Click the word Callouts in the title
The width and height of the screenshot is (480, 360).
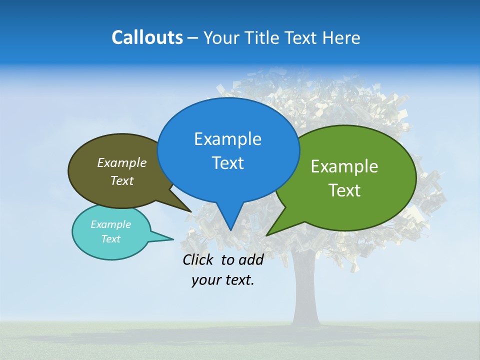click(x=147, y=38)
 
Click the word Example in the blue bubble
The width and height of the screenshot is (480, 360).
click(x=227, y=139)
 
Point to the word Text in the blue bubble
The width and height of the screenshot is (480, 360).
click(x=227, y=163)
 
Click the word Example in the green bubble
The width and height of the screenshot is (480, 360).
click(x=344, y=166)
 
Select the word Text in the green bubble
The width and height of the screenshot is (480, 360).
click(x=344, y=190)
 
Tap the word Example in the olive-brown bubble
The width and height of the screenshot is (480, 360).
click(x=122, y=163)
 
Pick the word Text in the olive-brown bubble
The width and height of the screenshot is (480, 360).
click(x=122, y=180)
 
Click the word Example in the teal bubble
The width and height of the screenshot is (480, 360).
click(x=110, y=224)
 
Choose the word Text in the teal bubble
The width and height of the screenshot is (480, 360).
click(x=110, y=239)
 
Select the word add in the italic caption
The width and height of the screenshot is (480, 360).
click(x=250, y=259)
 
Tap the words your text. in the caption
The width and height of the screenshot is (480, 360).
click(x=222, y=280)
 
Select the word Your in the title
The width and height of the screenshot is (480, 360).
click(x=221, y=38)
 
